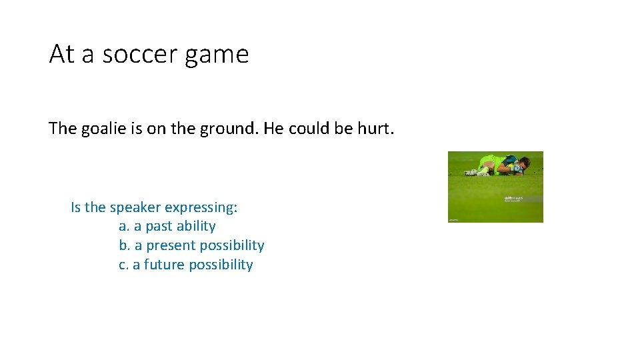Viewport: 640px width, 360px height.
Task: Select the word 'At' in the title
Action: click(61, 54)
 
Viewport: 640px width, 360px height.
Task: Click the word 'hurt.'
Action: click(376, 128)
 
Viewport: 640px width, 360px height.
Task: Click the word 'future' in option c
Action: click(164, 265)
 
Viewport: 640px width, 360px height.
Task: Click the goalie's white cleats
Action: click(472, 173)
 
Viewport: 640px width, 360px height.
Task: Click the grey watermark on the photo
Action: click(514, 199)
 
